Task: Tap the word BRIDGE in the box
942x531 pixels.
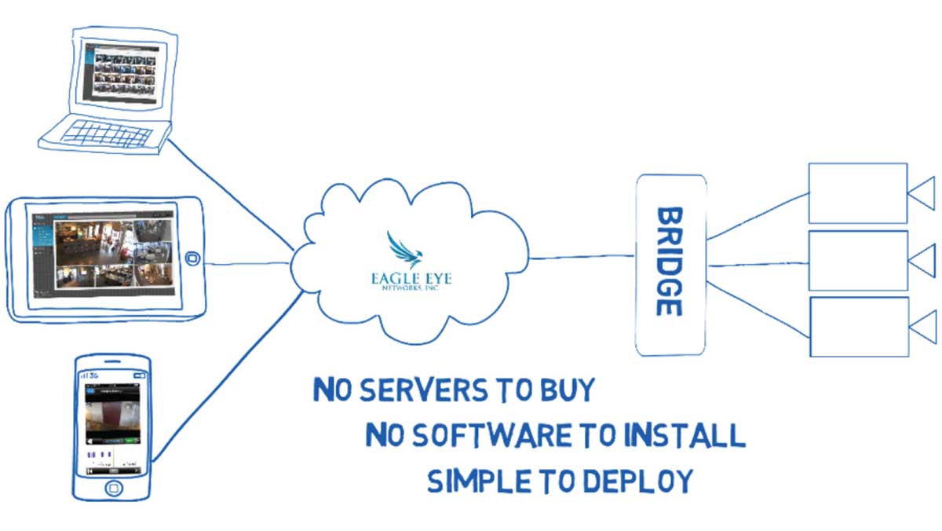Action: (668, 262)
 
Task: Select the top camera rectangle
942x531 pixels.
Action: (857, 193)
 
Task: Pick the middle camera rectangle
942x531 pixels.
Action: (857, 259)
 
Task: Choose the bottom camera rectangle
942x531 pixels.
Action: (859, 326)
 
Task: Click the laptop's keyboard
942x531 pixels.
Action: (106, 134)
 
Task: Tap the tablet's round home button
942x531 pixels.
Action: (190, 259)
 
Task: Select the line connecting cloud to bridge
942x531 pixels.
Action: (581, 255)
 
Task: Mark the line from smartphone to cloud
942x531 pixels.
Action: (228, 377)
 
